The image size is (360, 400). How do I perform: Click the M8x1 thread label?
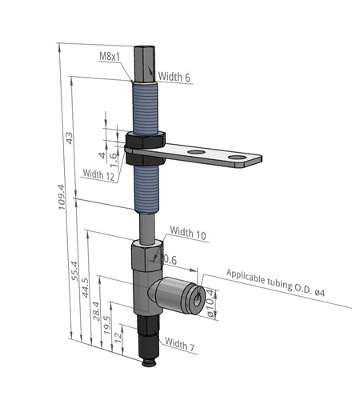click(x=110, y=56)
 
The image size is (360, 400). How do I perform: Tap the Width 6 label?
click(x=174, y=77)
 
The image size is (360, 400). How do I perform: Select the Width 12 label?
click(x=98, y=174)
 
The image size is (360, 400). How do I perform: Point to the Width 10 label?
click(x=188, y=233)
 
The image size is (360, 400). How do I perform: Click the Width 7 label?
click(x=179, y=344)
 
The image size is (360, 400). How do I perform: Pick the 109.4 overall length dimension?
click(x=62, y=197)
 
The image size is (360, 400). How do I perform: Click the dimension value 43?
click(x=69, y=138)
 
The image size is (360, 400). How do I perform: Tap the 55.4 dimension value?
click(x=75, y=270)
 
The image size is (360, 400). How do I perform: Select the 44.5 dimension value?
click(x=85, y=287)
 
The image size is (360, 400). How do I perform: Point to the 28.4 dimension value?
click(x=96, y=311)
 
